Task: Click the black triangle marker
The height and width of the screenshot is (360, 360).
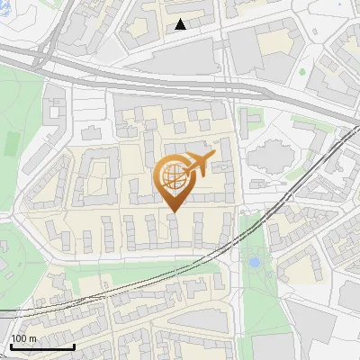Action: point(181,24)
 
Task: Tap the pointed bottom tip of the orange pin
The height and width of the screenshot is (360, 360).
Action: point(174,211)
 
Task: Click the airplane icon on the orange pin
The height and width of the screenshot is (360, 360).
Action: point(198,165)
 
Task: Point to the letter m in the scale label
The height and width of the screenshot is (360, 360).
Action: point(33,338)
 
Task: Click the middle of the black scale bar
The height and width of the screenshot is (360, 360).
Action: point(42,346)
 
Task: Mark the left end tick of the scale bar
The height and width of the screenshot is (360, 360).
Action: point(11,346)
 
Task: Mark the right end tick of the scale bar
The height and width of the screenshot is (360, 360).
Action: point(74,346)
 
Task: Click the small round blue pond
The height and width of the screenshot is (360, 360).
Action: point(255,263)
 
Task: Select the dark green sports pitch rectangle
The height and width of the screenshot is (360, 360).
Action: point(12,142)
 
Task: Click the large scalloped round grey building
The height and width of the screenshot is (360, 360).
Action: point(269,157)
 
